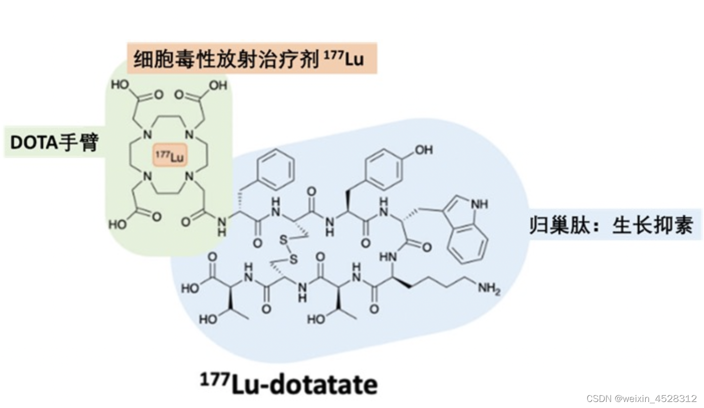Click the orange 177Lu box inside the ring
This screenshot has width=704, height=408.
point(169,157)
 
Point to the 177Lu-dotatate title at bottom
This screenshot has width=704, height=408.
point(288,384)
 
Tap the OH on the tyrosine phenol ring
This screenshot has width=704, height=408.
point(423,149)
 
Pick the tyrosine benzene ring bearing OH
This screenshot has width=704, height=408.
point(384,167)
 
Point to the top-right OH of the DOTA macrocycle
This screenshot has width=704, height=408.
point(217,85)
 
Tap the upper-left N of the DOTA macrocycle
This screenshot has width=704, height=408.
point(147,135)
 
